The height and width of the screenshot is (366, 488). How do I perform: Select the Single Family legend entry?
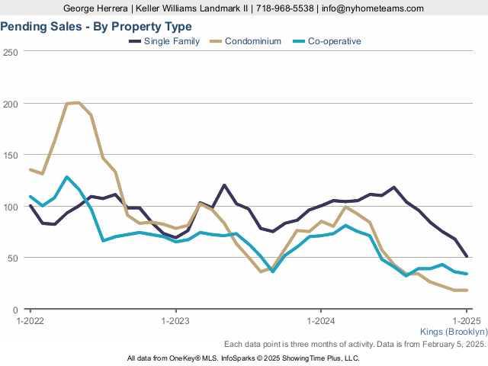tap(173, 41)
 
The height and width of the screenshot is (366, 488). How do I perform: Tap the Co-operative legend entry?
tap(334, 41)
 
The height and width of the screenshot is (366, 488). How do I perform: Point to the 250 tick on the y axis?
tap(11, 52)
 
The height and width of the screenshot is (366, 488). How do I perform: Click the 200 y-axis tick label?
tap(11, 104)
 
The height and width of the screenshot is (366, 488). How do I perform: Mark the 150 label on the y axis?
tap(11, 156)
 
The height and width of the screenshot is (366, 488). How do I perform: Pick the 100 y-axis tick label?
tap(11, 207)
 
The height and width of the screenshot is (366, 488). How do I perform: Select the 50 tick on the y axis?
tap(13, 258)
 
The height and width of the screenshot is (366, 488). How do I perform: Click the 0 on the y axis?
tap(15, 310)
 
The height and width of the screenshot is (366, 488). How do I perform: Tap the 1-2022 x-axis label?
tap(30, 321)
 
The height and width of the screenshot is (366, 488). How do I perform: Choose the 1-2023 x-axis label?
tap(176, 321)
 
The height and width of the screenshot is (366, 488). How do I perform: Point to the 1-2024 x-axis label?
tap(321, 321)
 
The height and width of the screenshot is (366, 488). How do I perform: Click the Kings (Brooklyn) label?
tap(454, 332)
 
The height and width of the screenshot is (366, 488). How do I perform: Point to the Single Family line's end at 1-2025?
tap(467, 256)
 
